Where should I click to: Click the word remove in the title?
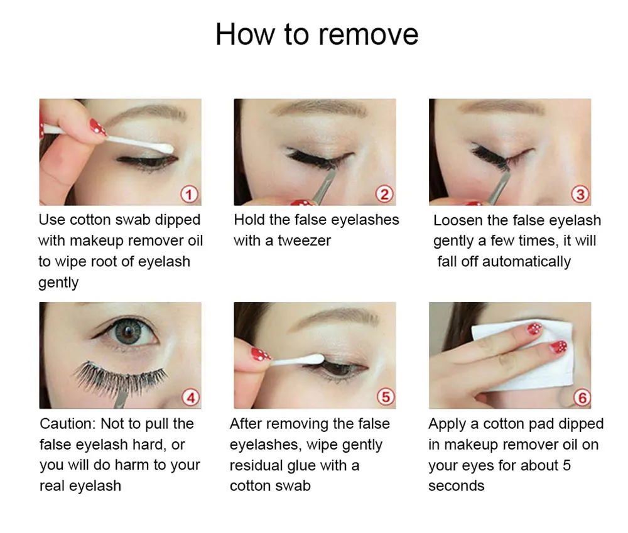368,35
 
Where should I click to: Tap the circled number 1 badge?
190,194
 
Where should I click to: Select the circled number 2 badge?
384,194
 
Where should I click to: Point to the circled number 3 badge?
580,194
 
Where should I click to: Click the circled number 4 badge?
191,397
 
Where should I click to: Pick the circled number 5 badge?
386,397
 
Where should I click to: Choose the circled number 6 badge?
582,397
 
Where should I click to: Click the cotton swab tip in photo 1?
164,148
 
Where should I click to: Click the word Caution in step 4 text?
68,424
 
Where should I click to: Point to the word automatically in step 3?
526,262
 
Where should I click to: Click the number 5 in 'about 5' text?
566,465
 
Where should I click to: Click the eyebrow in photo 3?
501,108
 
